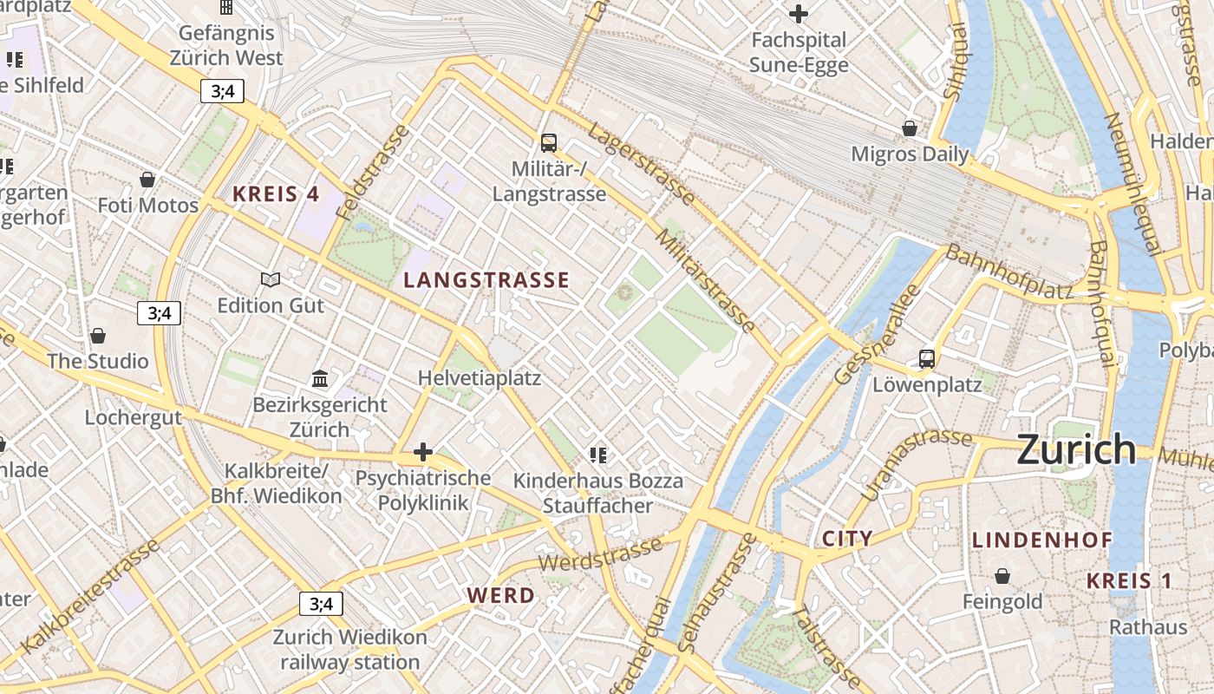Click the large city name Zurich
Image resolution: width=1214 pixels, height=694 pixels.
1075,449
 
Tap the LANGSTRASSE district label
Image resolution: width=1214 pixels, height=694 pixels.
486,280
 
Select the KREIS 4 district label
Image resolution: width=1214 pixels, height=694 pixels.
276,194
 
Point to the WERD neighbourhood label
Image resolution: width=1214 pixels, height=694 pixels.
500,596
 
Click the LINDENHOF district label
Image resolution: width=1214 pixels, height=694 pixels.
1041,540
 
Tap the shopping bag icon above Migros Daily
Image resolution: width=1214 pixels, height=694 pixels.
910,128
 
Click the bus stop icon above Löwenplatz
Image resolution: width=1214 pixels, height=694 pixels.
927,358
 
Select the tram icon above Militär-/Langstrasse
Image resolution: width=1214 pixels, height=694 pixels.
549,142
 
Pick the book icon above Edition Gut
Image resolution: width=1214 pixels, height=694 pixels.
271,279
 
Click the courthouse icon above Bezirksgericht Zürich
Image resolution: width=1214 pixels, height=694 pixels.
320,378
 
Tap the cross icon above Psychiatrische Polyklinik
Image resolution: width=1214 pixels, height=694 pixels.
423,452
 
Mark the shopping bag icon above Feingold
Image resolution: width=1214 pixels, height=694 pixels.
1002,576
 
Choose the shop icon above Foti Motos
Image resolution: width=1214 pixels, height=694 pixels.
147,180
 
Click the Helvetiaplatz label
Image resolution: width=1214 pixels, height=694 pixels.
479,378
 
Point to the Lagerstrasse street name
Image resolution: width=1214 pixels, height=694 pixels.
641,163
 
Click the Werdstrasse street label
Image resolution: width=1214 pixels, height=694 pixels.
600,555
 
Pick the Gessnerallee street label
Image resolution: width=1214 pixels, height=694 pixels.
877,334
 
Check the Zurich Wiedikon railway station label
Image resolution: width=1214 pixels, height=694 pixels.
349,650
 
